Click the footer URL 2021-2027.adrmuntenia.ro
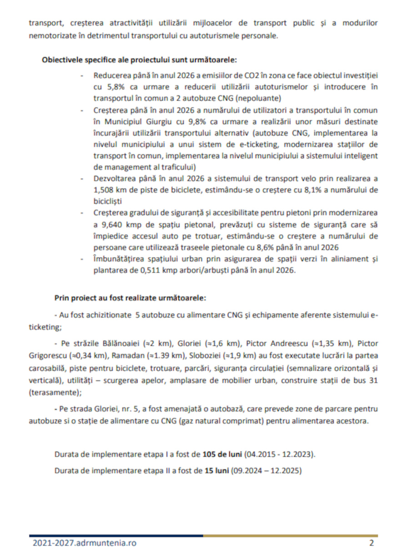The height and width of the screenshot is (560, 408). [x=84, y=543]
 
